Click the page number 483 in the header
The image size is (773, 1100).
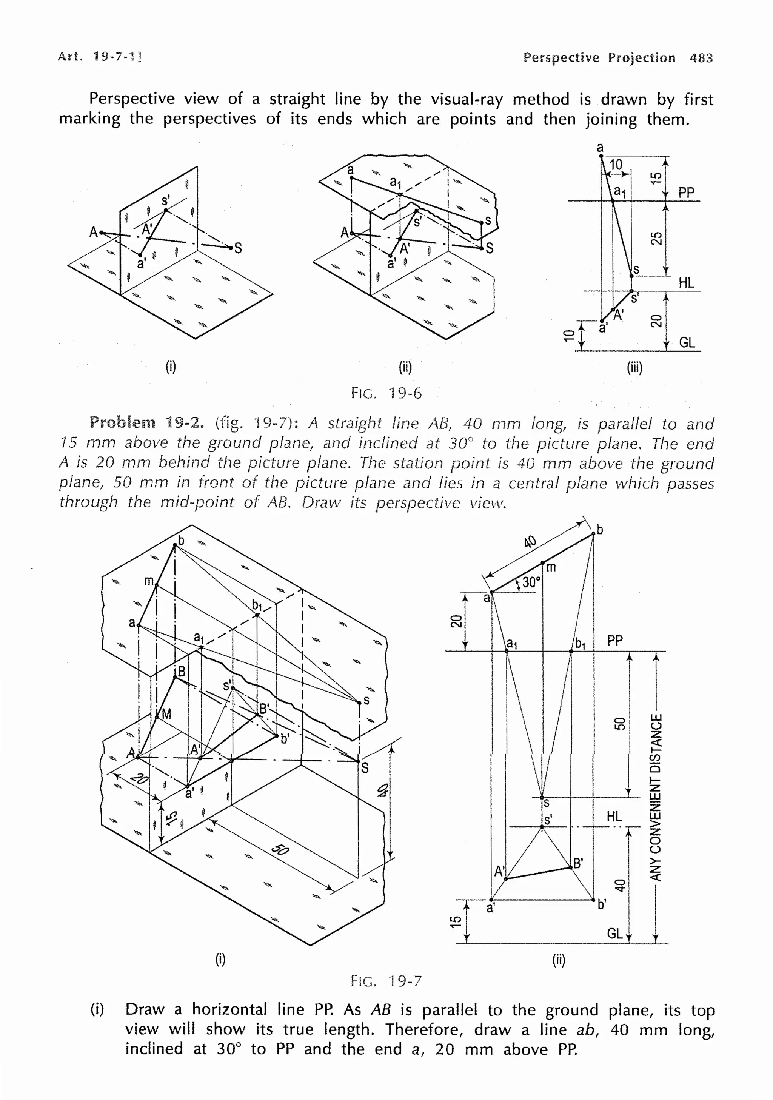(x=701, y=58)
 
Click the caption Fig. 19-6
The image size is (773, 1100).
(x=386, y=393)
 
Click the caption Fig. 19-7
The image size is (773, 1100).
(x=386, y=981)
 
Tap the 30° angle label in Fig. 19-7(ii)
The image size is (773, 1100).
(x=531, y=582)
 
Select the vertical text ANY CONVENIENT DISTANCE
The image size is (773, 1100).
(x=656, y=797)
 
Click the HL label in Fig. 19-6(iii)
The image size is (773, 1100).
(x=686, y=283)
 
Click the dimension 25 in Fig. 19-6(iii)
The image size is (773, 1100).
(x=656, y=238)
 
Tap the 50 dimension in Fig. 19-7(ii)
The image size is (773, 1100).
(x=620, y=723)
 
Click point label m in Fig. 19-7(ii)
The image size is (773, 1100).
(x=551, y=568)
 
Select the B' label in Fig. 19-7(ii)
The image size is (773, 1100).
(x=578, y=863)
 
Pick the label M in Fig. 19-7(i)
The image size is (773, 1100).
(x=166, y=714)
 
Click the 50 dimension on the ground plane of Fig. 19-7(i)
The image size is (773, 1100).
(x=280, y=849)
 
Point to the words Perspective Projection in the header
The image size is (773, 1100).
(x=599, y=58)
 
